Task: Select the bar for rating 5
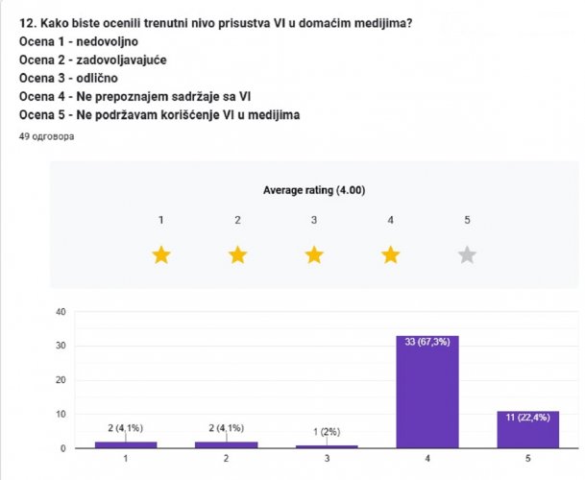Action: click(527, 429)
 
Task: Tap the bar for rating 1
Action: click(126, 444)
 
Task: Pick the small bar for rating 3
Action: click(327, 446)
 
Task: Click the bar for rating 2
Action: click(227, 444)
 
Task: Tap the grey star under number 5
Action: click(467, 255)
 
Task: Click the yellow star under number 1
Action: click(161, 255)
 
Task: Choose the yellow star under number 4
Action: click(390, 255)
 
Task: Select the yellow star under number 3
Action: click(314, 255)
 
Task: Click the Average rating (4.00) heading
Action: click(314, 190)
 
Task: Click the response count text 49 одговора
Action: click(46, 137)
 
